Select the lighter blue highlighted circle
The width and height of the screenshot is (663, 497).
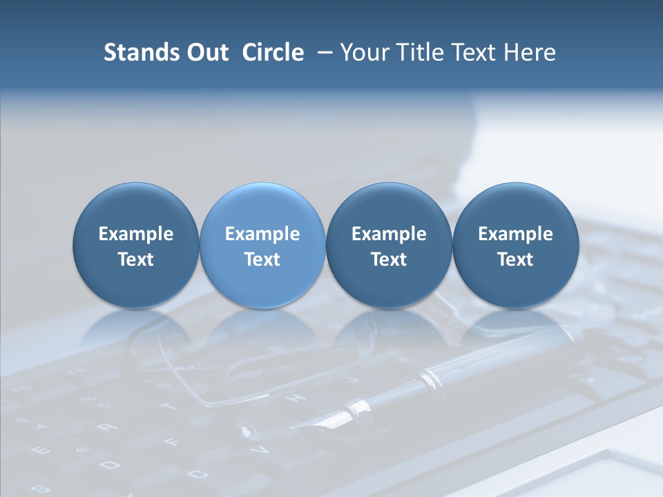262,246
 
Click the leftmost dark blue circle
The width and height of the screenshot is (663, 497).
136,246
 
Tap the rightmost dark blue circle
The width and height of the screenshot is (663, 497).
515,246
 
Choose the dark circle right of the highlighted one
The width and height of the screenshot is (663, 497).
389,246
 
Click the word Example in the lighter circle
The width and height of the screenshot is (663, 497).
262,234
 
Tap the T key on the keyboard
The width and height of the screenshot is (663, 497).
168,405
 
